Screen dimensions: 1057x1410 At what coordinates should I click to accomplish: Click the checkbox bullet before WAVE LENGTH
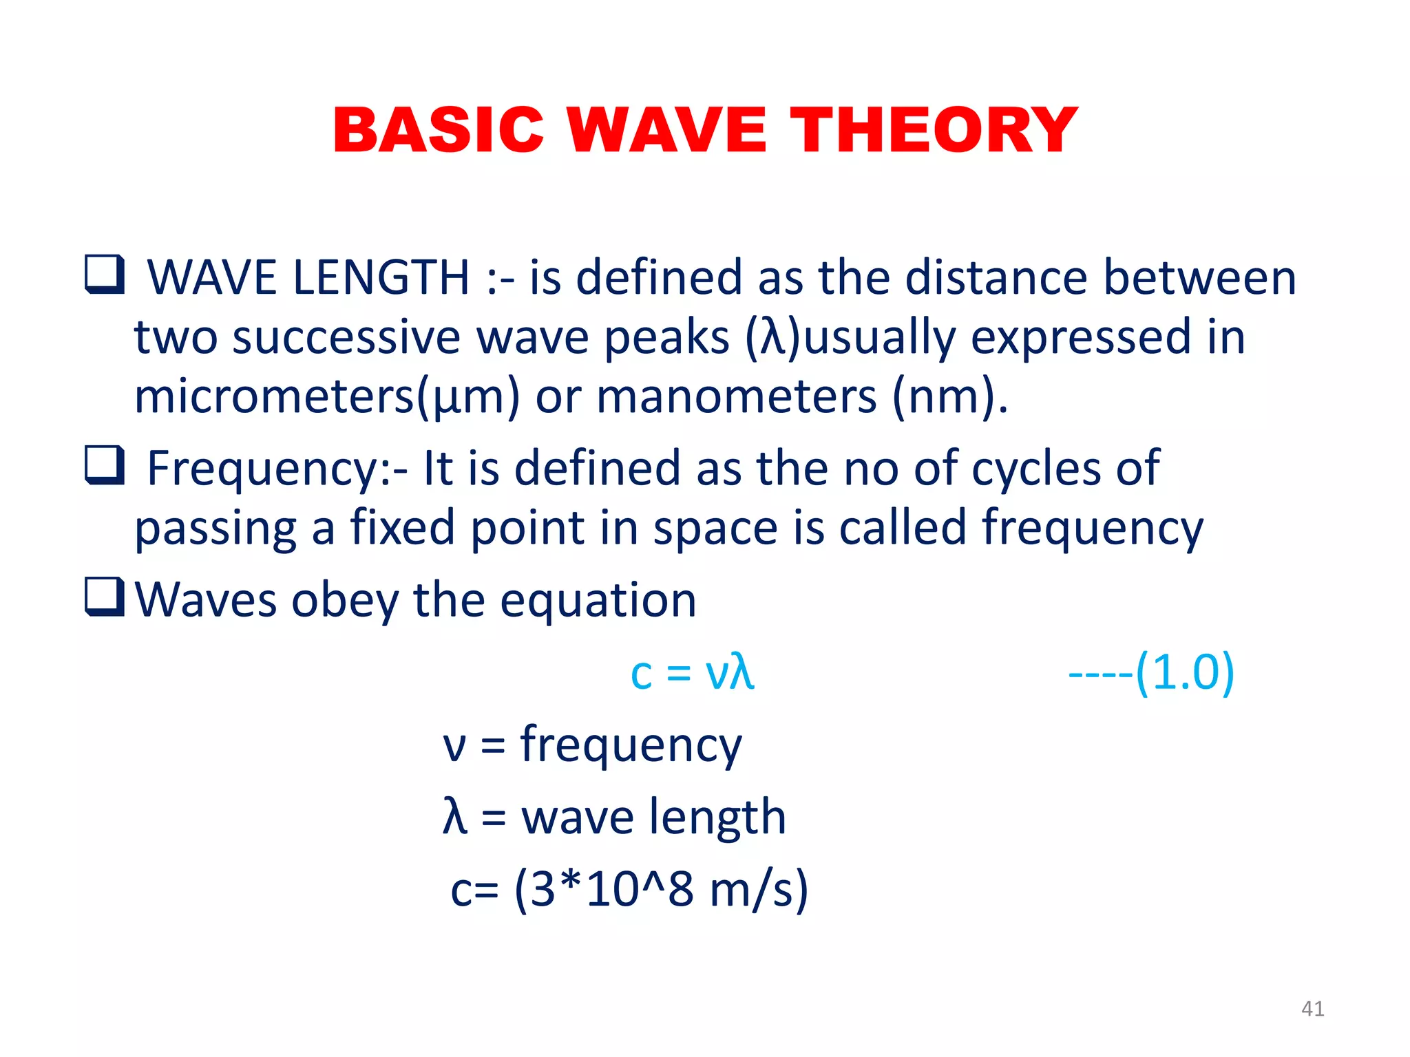click(105, 274)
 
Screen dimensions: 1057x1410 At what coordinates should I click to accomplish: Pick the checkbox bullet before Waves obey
click(105, 596)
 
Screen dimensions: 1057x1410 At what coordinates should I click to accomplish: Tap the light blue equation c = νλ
click(692, 672)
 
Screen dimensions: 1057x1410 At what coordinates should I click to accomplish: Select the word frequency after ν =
click(631, 747)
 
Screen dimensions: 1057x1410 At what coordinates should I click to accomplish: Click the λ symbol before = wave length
click(455, 817)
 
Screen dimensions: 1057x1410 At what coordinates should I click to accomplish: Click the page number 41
click(1312, 1009)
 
